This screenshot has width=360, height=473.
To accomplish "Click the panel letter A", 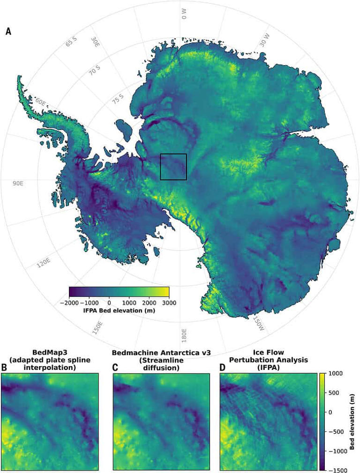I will tap(8, 32).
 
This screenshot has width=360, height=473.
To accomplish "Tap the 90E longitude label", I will tap(18, 183).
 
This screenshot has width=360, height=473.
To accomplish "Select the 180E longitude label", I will tap(184, 336).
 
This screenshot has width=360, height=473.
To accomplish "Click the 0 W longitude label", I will tap(183, 14).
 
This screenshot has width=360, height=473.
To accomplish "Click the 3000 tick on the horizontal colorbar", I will tap(169, 303).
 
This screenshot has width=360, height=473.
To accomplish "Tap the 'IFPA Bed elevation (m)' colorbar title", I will tap(119, 310).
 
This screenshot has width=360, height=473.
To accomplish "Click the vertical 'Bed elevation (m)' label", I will tap(352, 421).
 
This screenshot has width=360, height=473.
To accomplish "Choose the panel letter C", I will tap(115, 368).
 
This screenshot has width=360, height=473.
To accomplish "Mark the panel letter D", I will tap(223, 368).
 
